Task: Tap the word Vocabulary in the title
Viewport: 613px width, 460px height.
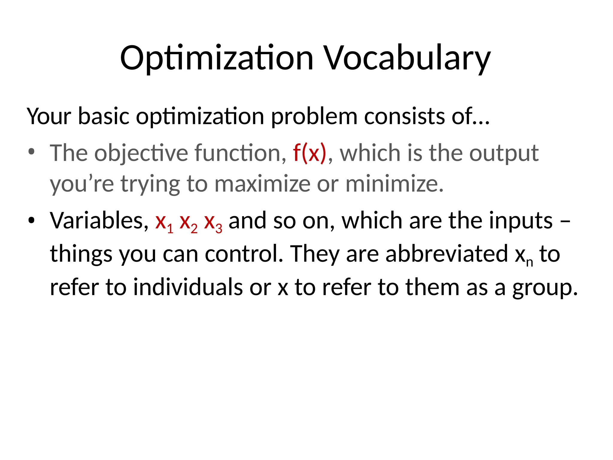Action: click(408, 58)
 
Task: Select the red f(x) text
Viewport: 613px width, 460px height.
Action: click(309, 153)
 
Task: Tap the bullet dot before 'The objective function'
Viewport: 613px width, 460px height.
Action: click(31, 152)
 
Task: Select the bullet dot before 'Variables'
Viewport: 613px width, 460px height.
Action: click(31, 220)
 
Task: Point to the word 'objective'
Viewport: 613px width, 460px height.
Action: click(142, 153)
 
